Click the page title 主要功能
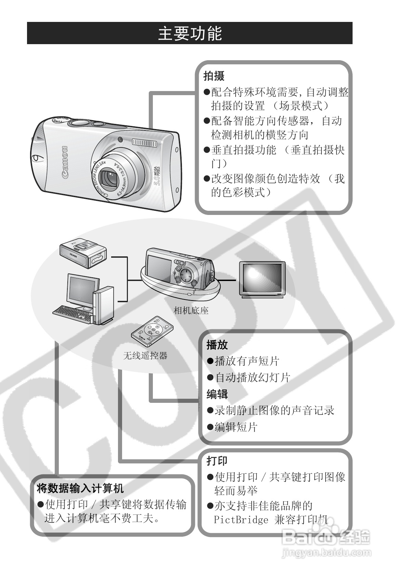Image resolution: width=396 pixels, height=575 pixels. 190,34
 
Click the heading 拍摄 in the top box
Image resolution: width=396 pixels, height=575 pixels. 214,76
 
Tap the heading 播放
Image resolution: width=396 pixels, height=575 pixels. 217,345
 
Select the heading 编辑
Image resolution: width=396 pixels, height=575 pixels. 217,394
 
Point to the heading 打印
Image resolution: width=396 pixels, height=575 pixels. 217,461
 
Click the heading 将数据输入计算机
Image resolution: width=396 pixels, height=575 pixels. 80,488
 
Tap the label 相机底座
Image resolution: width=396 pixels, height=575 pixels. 191,310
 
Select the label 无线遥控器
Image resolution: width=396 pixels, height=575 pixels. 145,356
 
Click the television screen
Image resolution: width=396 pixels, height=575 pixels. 262,278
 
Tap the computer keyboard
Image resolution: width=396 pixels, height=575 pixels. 72,313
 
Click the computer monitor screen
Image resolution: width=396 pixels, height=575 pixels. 81,290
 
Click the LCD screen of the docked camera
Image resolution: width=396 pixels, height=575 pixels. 159,269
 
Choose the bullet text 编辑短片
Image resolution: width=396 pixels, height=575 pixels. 236,427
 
